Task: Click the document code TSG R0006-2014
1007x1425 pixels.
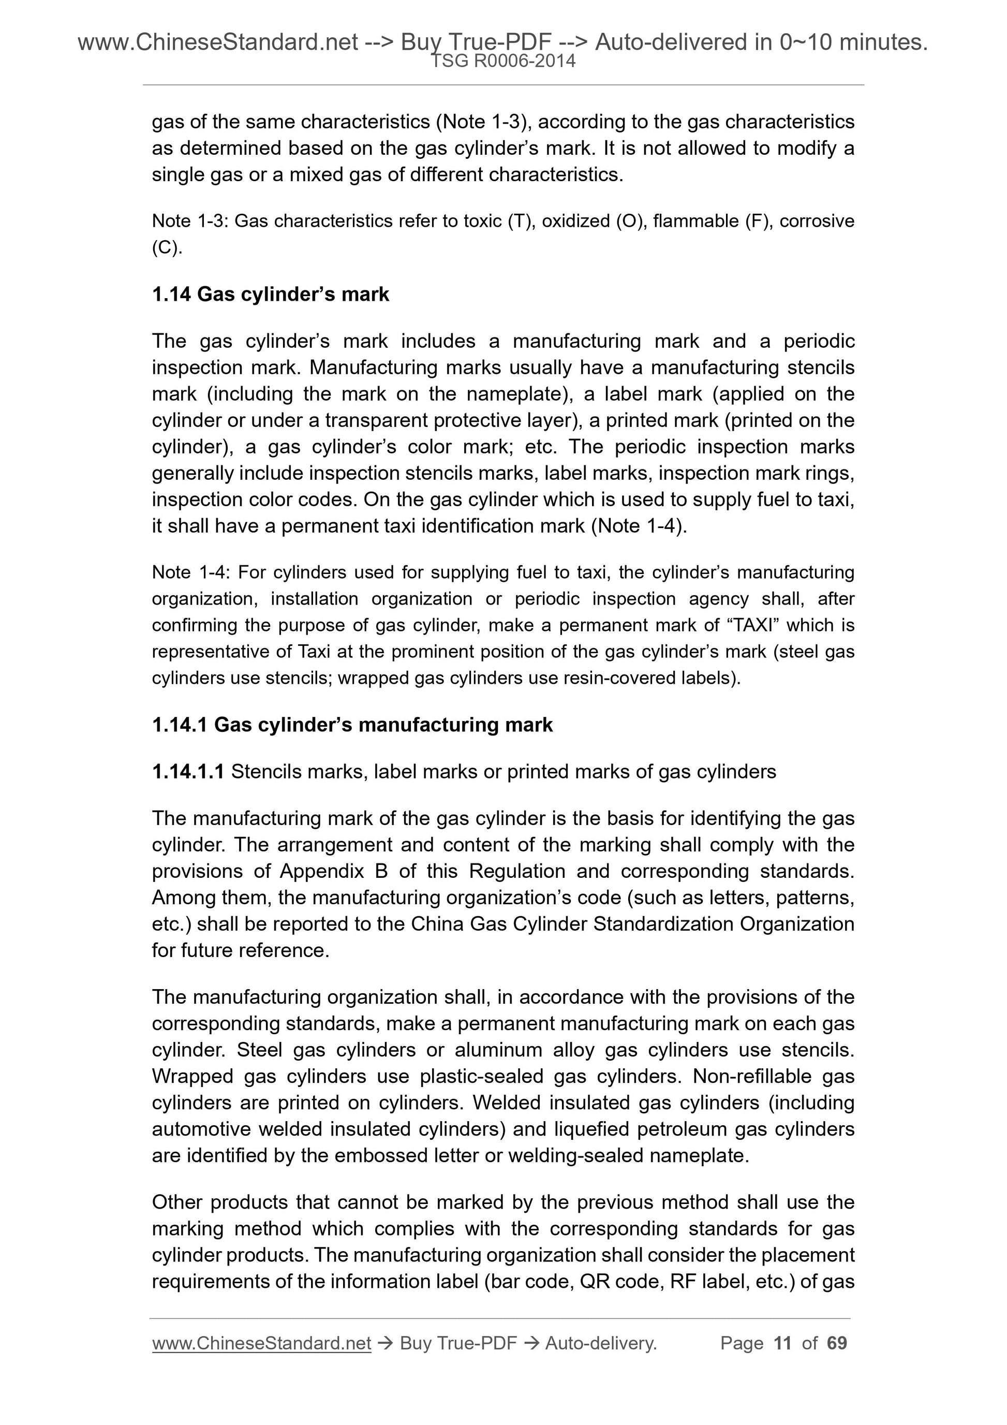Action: point(502,61)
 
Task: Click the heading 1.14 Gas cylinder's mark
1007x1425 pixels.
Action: point(270,294)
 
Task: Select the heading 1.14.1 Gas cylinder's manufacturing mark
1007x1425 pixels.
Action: point(352,725)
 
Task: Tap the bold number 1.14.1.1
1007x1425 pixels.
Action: point(188,771)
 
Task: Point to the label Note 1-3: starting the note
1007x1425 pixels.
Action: point(190,221)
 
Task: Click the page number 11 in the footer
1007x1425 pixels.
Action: point(782,1343)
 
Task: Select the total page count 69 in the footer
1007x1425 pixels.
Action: point(837,1343)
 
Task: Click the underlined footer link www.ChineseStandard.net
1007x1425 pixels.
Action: point(261,1343)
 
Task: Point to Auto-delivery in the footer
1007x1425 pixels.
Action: point(601,1343)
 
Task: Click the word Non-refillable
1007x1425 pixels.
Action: point(752,1076)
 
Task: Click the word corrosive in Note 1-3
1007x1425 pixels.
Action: point(817,221)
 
